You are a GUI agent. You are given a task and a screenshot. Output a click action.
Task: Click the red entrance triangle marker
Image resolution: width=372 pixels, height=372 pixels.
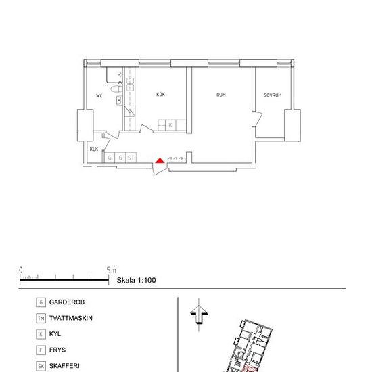pyautogui.click(x=160, y=160)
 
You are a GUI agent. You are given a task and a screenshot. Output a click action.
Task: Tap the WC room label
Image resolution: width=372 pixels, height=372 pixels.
pyautogui.click(x=99, y=96)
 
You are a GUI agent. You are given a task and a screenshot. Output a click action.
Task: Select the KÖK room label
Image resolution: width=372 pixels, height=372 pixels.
pyautogui.click(x=160, y=94)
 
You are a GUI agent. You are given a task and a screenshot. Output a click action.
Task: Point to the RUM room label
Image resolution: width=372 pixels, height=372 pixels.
pyautogui.click(x=221, y=95)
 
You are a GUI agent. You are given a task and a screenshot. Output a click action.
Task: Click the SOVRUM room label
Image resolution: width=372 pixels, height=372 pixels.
pyautogui.click(x=273, y=95)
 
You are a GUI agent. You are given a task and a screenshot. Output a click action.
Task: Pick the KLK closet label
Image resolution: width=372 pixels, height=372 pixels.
pyautogui.click(x=94, y=149)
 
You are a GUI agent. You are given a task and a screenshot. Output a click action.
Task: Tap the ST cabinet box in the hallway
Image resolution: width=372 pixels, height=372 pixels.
pyautogui.click(x=131, y=158)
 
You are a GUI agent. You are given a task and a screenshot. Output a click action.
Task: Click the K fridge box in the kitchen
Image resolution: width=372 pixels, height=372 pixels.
pyautogui.click(x=170, y=125)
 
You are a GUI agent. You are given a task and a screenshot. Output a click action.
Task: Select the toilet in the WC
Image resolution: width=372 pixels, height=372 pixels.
pyautogui.click(x=116, y=89)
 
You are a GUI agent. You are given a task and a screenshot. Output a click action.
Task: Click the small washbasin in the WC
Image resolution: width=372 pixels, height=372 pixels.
pyautogui.click(x=119, y=100)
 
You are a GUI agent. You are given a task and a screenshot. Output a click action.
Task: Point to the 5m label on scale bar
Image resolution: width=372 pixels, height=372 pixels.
pyautogui.click(x=112, y=271)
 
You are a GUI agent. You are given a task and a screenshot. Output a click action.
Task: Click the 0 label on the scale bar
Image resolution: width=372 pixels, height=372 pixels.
pyautogui.click(x=21, y=271)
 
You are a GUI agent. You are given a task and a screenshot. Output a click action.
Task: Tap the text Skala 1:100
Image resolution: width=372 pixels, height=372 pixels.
pyautogui.click(x=136, y=280)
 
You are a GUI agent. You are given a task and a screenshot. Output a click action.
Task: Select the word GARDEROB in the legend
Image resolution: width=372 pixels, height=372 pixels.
pyautogui.click(x=67, y=302)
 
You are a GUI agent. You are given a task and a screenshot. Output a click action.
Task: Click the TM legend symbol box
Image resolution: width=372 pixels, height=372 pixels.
pyautogui.click(x=41, y=318)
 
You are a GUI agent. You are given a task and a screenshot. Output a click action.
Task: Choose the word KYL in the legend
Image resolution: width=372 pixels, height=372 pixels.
pyautogui.click(x=55, y=334)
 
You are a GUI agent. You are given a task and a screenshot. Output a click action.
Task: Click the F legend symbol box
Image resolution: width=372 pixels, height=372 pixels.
pyautogui.click(x=41, y=350)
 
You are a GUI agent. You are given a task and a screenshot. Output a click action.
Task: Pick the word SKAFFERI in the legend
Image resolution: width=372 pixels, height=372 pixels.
pyautogui.click(x=64, y=366)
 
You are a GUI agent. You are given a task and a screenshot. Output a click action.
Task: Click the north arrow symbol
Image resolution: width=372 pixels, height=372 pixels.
pyautogui.click(x=199, y=315)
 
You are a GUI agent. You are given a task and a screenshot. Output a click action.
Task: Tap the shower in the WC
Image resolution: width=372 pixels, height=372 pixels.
pyautogui.click(x=114, y=74)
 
